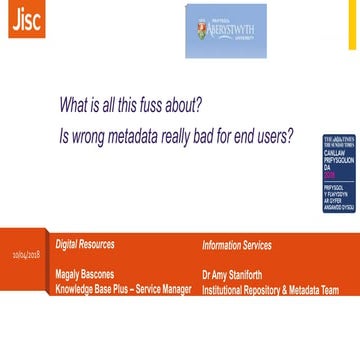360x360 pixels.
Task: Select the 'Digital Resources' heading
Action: [84, 271]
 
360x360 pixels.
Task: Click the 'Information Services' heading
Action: [237, 271]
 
